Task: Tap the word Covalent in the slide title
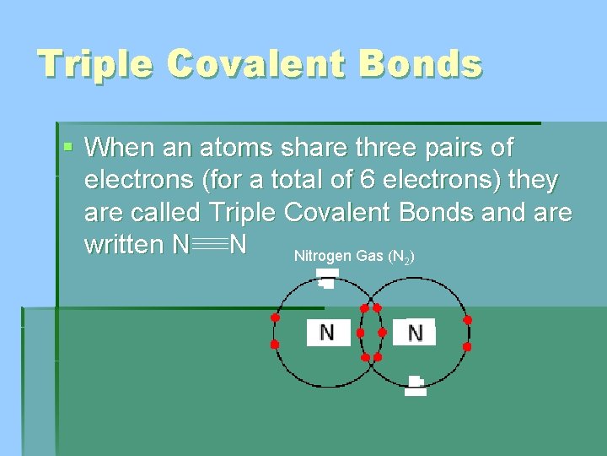(x=253, y=64)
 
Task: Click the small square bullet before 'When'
(x=68, y=148)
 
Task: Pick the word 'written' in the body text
(x=124, y=245)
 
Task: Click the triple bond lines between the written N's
(x=209, y=246)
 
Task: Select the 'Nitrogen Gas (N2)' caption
(x=353, y=256)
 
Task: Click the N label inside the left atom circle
(x=327, y=333)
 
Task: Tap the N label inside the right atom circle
(x=415, y=333)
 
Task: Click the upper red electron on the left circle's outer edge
(x=274, y=318)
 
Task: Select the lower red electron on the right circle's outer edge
(x=467, y=346)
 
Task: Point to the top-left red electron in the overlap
(x=365, y=307)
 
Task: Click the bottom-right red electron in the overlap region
(x=377, y=357)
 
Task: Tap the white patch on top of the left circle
(x=326, y=277)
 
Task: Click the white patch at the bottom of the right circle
(x=415, y=386)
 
